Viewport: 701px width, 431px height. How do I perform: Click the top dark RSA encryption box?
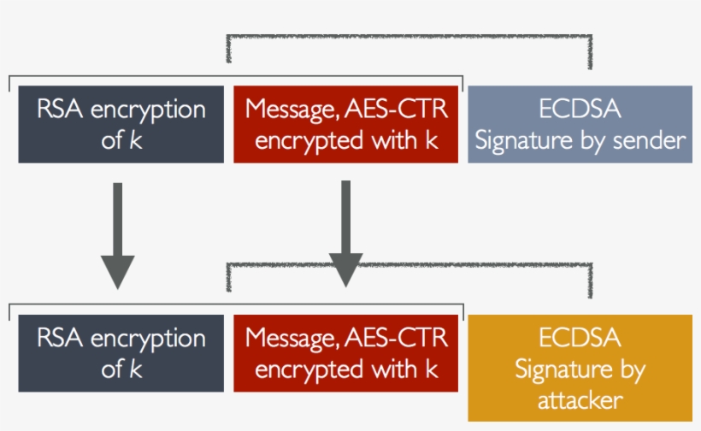click(121, 124)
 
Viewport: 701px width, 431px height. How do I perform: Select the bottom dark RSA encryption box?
click(121, 353)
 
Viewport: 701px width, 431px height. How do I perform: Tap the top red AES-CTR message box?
click(346, 124)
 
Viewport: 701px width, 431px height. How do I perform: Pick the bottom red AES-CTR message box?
click(346, 353)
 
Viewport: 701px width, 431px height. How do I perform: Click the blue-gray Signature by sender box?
click(580, 124)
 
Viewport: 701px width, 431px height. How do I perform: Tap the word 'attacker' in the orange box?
click(580, 400)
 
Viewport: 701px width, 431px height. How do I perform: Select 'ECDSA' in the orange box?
click(580, 339)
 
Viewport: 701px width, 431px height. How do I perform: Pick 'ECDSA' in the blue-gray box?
click(580, 109)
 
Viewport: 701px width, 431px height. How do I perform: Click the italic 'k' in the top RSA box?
click(136, 140)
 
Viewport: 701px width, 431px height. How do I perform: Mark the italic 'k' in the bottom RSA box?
click(136, 369)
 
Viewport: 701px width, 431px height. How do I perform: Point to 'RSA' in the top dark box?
click(57, 109)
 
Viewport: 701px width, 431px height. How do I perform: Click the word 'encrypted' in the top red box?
click(306, 140)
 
